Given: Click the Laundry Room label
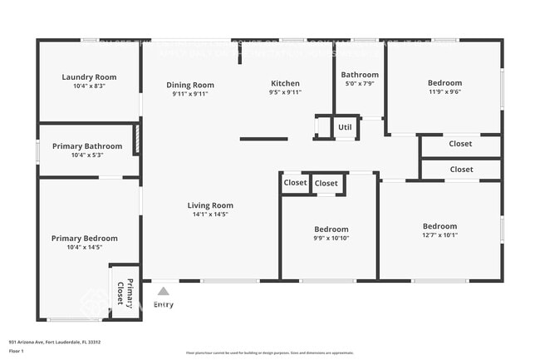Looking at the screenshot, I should [89, 77].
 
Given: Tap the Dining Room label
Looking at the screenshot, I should [190, 85].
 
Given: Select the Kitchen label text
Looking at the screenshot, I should [285, 83].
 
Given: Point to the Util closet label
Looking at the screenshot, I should [345, 127].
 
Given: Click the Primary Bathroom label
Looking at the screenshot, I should [87, 146].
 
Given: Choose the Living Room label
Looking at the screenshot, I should [210, 205].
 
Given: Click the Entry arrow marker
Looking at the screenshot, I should [164, 291].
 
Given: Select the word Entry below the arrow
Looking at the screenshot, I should [164, 304].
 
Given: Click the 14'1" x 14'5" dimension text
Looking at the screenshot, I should [210, 215].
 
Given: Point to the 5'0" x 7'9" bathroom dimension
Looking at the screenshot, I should [360, 83].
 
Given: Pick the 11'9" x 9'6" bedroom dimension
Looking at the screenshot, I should [444, 92].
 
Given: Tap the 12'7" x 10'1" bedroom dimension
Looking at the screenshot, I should [439, 235].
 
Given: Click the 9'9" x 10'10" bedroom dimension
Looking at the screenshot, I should [331, 239].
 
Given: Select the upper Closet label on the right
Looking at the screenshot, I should [460, 144].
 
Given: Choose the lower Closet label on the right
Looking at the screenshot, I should [461, 170].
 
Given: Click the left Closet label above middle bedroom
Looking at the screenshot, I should [295, 183].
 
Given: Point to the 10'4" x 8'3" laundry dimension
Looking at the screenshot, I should [89, 86].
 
